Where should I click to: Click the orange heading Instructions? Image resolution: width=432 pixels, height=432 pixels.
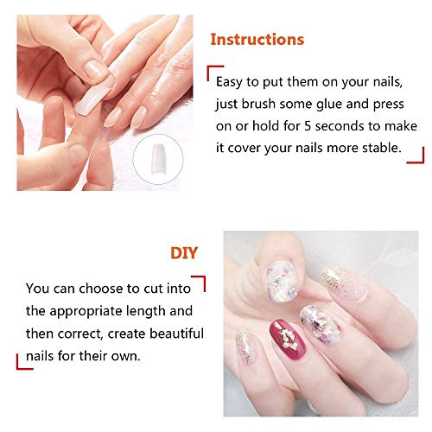(257, 40)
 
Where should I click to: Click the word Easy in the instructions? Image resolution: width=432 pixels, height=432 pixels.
(237, 83)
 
